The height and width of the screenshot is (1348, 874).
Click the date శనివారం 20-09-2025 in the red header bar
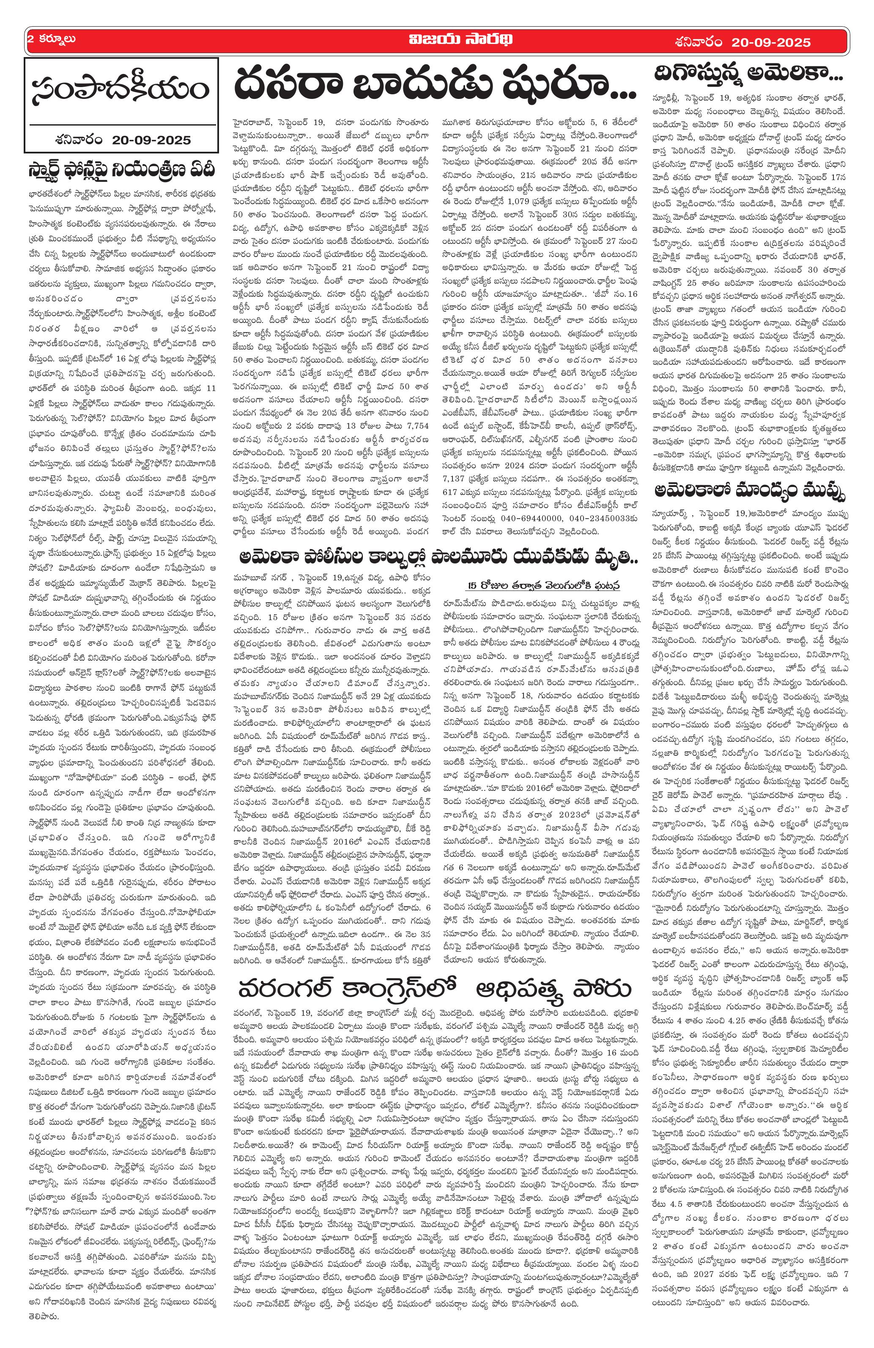pyautogui.click(x=742, y=42)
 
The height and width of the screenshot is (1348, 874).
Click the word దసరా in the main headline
pyautogui.click(x=289, y=85)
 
